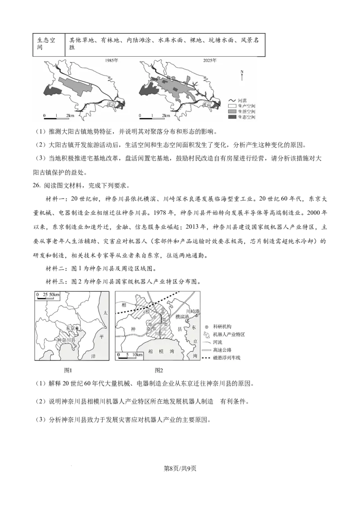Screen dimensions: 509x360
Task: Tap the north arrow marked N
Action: coord(242,75)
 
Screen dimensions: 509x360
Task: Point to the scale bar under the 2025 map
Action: coord(153,118)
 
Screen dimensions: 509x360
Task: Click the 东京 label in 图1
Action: coord(70,328)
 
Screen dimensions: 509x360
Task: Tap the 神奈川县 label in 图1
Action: coord(67,340)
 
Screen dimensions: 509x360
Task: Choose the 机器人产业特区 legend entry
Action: coord(225,335)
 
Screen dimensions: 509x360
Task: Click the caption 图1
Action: coord(68,370)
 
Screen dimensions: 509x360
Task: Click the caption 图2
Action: coord(158,370)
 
